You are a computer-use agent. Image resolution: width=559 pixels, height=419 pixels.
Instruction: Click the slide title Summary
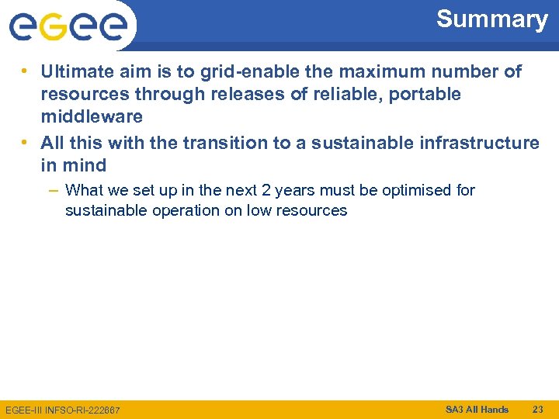491,19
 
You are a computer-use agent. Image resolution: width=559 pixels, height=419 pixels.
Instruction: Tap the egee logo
68,26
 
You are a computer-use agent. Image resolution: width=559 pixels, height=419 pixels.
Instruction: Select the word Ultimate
76,72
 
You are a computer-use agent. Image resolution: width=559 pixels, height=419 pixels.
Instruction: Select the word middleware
92,117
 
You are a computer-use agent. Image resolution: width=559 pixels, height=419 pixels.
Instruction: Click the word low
259,210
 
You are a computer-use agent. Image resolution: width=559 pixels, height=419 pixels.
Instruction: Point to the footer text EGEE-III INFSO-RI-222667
63,410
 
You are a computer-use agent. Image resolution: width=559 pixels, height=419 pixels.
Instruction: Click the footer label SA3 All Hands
477,409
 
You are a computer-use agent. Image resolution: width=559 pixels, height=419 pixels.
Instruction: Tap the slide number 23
538,409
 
